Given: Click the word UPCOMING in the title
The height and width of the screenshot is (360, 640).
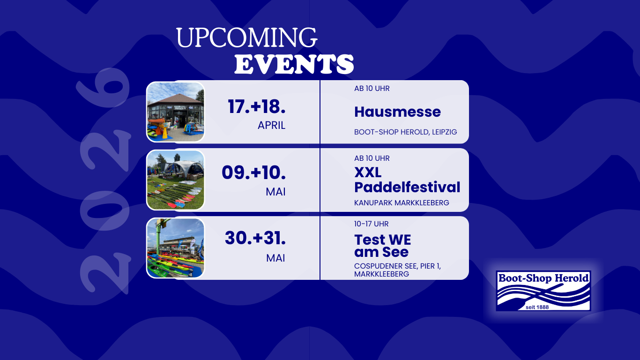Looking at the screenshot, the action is [247, 37].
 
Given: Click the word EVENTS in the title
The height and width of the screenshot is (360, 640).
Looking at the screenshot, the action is [294, 64].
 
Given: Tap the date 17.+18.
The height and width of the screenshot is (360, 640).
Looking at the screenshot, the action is [257, 106].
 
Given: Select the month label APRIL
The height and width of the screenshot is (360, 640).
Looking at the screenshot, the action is [271, 125].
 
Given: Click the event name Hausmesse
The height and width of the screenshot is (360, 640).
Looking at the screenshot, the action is [397, 112].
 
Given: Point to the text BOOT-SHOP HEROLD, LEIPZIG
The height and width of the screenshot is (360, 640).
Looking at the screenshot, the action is [405, 132].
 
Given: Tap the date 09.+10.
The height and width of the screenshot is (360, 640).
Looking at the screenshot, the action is [254, 172].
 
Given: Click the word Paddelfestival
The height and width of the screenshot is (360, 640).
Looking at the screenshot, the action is [407, 187].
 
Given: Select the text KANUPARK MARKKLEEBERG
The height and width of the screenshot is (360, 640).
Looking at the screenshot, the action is [402, 202].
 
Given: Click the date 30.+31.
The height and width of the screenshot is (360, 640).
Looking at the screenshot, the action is [255, 238].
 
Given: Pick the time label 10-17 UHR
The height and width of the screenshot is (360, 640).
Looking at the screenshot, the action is [371, 224].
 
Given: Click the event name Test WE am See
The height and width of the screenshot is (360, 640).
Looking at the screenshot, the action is [383, 246].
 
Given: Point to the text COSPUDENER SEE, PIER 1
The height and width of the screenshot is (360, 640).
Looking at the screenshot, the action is [397, 266].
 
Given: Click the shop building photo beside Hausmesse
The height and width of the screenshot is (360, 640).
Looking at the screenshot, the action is [175, 112].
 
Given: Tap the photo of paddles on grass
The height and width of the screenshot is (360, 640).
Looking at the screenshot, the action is [175, 180].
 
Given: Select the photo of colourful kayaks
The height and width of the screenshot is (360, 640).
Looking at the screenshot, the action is [175, 248].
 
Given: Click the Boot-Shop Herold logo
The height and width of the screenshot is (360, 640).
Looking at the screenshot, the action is [543, 291].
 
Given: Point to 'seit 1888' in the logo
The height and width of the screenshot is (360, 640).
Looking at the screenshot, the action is [537, 307].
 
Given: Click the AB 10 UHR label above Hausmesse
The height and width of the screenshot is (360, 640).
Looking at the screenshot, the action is [372, 89].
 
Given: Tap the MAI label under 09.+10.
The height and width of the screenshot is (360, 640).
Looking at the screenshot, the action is [275, 192].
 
